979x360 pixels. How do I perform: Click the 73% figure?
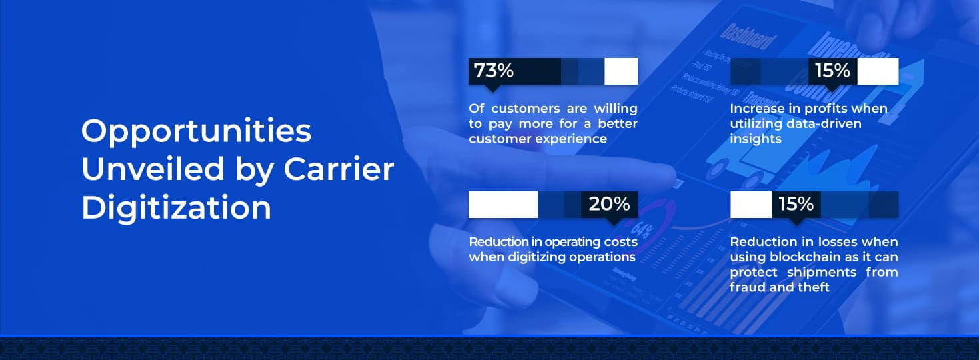tap(494, 71)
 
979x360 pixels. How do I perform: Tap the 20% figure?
tap(609, 204)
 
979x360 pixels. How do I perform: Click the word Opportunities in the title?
tap(196, 132)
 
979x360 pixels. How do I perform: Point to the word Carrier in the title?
tap(339, 169)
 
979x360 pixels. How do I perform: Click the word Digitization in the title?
tap(176, 207)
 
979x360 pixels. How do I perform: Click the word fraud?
tap(746, 287)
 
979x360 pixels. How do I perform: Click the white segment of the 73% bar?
tap(621, 71)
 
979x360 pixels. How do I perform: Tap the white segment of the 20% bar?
tap(503, 204)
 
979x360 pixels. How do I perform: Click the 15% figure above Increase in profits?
tap(832, 71)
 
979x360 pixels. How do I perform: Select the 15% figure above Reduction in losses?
tap(796, 204)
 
